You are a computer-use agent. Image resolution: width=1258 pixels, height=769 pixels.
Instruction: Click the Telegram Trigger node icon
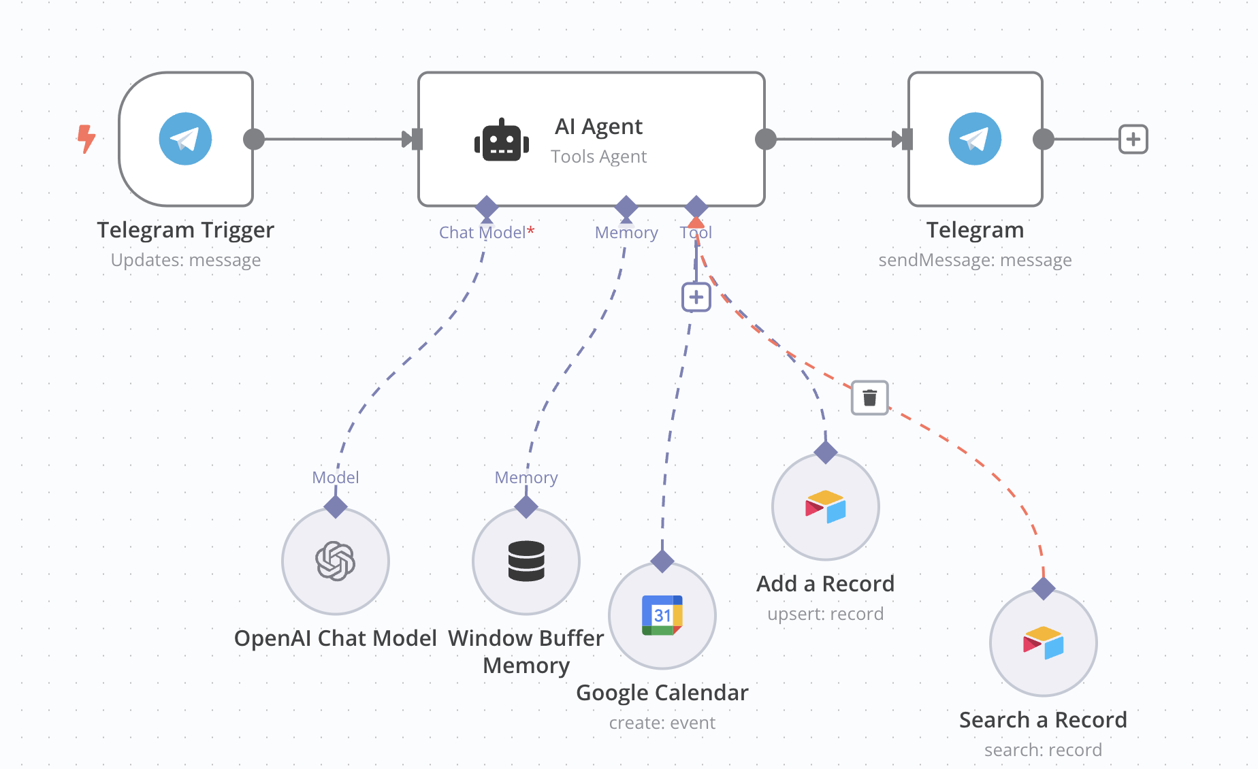click(x=185, y=139)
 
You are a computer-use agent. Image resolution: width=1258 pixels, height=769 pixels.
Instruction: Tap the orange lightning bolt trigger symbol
click(x=86, y=138)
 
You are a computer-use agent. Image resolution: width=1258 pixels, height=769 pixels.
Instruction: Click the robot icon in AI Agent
click(x=502, y=141)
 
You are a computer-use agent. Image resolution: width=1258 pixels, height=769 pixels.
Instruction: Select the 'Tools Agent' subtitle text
click(x=598, y=157)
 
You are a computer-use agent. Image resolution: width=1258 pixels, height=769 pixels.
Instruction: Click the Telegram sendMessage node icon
click(x=975, y=139)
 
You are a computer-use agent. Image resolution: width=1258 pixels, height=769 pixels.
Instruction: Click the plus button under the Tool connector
click(x=696, y=297)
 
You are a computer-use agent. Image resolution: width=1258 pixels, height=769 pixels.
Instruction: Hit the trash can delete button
click(x=869, y=397)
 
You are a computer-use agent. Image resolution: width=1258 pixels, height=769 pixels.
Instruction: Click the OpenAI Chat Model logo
click(x=335, y=561)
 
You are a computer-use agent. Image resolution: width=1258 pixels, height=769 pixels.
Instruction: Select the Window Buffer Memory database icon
click(x=526, y=561)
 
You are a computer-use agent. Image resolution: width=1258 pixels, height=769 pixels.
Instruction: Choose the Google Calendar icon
click(x=662, y=615)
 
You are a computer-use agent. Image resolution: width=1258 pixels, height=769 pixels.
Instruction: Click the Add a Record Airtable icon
click(x=825, y=507)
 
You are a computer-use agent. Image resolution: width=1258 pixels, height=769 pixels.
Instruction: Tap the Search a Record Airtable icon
click(x=1043, y=643)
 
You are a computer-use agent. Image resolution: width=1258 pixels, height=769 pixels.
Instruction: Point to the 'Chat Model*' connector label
click(x=486, y=233)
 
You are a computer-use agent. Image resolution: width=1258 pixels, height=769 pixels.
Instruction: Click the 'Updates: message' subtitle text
click(x=185, y=260)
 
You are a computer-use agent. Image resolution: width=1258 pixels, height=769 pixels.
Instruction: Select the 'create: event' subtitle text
click(x=662, y=723)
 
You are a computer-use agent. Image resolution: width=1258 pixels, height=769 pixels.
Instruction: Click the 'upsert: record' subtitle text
click(x=825, y=614)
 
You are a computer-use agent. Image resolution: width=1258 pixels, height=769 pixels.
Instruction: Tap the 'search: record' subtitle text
click(x=1043, y=750)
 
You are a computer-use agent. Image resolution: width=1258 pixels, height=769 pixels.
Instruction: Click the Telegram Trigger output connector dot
click(x=254, y=139)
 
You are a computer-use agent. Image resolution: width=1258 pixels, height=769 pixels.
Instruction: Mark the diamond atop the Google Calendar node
click(x=662, y=561)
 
